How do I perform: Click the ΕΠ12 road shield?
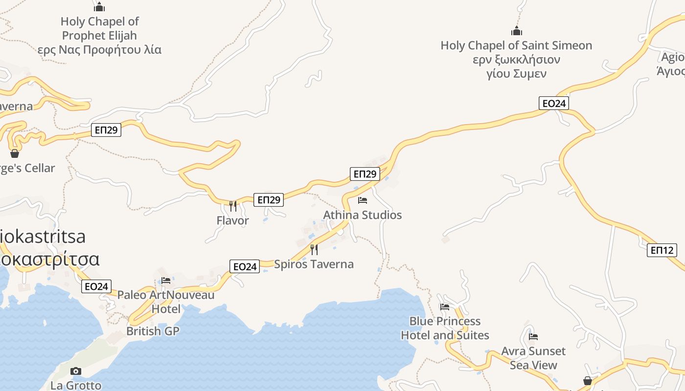662,250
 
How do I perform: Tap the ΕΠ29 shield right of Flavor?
269,199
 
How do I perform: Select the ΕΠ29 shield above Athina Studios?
365,174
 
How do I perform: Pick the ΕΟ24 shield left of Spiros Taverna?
245,266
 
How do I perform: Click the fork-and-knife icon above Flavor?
233,206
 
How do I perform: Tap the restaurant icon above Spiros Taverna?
314,250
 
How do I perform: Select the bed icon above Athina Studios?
363,200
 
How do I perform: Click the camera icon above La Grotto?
76,371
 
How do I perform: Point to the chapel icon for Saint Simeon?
517,31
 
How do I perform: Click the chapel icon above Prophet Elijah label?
99,7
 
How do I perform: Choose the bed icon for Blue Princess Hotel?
445,307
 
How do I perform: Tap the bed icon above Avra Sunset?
533,337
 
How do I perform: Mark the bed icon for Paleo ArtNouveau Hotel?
166,281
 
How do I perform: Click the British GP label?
153,331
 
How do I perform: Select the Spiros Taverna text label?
314,264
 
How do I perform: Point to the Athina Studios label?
363,215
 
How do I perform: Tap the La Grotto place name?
76,385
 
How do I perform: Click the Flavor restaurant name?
233,220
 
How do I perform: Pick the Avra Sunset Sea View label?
533,358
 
